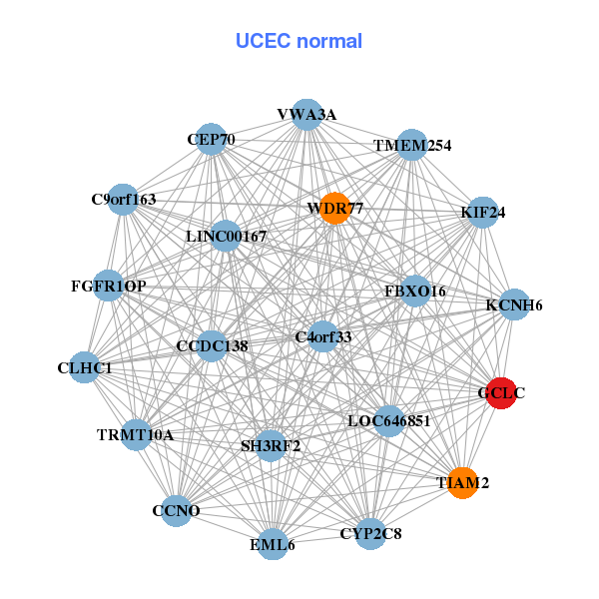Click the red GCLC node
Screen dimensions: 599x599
click(500, 392)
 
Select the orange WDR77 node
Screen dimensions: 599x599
click(334, 208)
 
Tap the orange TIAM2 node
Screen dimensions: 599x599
click(462, 482)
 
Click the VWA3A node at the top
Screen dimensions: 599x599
click(306, 115)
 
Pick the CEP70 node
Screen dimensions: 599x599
click(211, 140)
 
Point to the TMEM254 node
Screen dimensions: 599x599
click(412, 146)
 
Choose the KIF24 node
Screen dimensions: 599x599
click(483, 212)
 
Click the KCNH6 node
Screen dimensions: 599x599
click(514, 304)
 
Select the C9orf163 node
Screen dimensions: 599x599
click(124, 199)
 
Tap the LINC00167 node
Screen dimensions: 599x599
click(227, 237)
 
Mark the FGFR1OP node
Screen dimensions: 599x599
click(109, 287)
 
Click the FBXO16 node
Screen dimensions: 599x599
click(414, 291)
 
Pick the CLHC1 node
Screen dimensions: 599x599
click(85, 367)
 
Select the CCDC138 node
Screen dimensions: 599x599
click(213, 345)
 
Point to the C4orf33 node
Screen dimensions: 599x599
click(323, 336)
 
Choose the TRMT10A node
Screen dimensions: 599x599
click(136, 435)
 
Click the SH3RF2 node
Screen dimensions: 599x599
click(271, 445)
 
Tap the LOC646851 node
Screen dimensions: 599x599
click(388, 420)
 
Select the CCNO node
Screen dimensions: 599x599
click(177, 511)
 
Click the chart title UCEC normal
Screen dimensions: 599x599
click(299, 41)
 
